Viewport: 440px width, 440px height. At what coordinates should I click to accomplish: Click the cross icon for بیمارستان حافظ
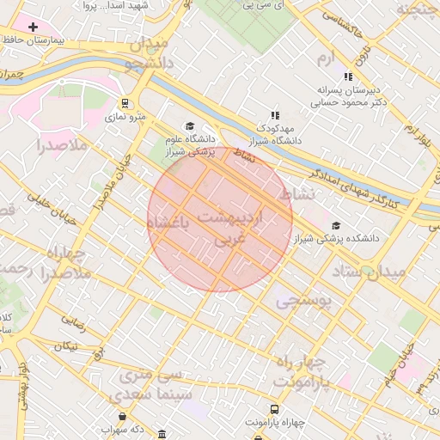pos(33,27)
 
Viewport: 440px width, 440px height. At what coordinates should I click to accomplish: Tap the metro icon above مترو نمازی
pos(125,102)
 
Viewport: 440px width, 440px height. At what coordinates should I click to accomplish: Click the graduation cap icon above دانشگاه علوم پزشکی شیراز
pos(190,126)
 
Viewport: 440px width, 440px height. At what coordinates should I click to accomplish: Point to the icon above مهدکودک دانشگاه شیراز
pos(275,114)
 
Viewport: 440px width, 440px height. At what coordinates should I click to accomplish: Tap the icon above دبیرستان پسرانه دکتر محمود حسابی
pos(348,76)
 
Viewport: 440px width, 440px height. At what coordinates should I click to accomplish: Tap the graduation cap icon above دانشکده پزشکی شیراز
pos(334,225)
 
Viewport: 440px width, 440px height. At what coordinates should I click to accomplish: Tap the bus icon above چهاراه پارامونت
pos(274,409)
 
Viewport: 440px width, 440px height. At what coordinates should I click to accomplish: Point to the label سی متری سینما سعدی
pos(143,386)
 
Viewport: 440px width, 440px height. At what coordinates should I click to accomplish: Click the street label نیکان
pos(66,345)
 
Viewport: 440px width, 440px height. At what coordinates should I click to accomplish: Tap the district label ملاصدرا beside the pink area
pos(63,145)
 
